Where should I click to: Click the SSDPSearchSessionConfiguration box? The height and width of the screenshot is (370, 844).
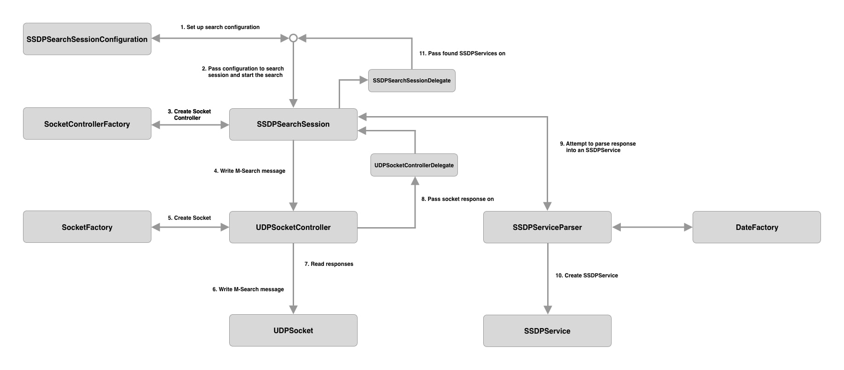pos(87,39)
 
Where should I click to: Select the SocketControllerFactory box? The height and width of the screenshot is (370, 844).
pos(87,124)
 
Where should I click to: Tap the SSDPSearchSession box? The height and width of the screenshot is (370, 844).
pos(293,124)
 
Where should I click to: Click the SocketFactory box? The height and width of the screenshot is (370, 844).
pos(87,227)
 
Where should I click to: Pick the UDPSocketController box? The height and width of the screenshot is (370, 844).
pos(293,227)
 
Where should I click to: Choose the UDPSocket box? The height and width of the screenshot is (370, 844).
pos(293,330)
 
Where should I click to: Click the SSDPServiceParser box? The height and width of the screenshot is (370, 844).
pos(547,227)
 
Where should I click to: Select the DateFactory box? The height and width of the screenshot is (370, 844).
pos(757,227)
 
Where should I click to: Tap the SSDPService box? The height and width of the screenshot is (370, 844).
pos(547,331)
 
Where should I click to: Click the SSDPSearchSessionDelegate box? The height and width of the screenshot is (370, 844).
pos(411,81)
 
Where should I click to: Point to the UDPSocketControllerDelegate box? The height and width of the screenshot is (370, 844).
pos(414,165)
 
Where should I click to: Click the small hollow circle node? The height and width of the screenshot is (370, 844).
pos(293,38)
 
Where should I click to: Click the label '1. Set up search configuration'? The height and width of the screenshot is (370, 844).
pos(220,27)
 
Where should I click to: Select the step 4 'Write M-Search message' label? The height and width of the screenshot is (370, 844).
pos(249,171)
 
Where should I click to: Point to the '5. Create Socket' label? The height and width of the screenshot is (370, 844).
pos(189,218)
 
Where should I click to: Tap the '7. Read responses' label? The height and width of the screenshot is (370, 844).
pos(329,264)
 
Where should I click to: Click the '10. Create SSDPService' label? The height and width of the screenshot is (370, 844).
pos(586,276)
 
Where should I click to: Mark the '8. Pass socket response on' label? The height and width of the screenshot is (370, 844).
pos(457,199)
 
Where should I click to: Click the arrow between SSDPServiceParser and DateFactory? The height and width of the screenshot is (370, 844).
pos(652,227)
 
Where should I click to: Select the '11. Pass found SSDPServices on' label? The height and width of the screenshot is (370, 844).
pos(462,53)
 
